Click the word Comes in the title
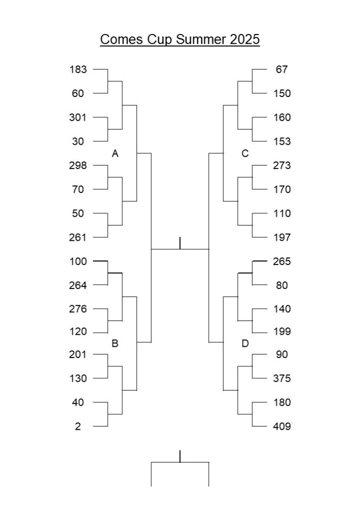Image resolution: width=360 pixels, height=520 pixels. (x=122, y=39)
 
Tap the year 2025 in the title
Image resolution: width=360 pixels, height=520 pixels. (x=245, y=39)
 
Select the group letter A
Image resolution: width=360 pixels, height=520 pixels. (x=115, y=153)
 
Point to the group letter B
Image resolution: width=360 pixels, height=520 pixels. (x=115, y=343)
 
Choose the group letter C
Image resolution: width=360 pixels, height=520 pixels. (x=245, y=153)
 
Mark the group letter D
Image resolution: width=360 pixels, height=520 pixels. (x=245, y=343)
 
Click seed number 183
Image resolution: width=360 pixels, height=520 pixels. (x=78, y=69)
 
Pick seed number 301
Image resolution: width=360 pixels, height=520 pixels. (x=78, y=117)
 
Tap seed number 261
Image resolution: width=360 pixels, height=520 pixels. (x=78, y=238)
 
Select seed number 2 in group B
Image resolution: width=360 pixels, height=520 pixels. (x=78, y=426)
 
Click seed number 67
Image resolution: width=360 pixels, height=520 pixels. (x=282, y=69)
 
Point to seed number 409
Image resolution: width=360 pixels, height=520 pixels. (x=282, y=426)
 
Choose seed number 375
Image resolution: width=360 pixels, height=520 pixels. (x=282, y=378)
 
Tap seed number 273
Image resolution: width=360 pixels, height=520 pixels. (x=282, y=165)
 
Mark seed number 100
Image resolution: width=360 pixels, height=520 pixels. (x=78, y=262)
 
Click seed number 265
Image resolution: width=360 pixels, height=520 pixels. (x=282, y=262)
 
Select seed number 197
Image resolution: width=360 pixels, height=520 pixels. (x=282, y=238)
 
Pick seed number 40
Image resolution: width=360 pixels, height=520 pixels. (x=78, y=402)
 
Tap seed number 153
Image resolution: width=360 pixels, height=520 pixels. (x=282, y=141)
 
